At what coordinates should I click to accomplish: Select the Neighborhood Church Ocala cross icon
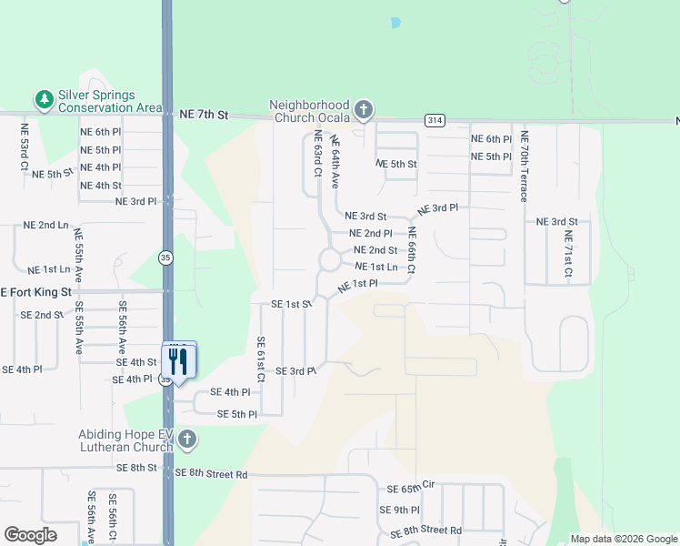[364, 111]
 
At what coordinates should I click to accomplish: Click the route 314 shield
[434, 120]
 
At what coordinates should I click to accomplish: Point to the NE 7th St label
[204, 115]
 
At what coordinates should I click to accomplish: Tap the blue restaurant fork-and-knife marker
[178, 361]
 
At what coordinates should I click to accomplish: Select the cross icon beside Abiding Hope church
[186, 440]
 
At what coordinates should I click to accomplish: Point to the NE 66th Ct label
[411, 251]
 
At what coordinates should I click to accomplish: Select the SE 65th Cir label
[412, 489]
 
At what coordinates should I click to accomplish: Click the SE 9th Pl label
[401, 511]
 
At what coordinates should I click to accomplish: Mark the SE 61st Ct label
[260, 359]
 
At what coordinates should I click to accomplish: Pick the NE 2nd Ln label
[46, 225]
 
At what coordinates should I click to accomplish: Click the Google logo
[31, 534]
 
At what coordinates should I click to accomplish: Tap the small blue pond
[395, 22]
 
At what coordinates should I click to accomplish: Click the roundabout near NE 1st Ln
[328, 262]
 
